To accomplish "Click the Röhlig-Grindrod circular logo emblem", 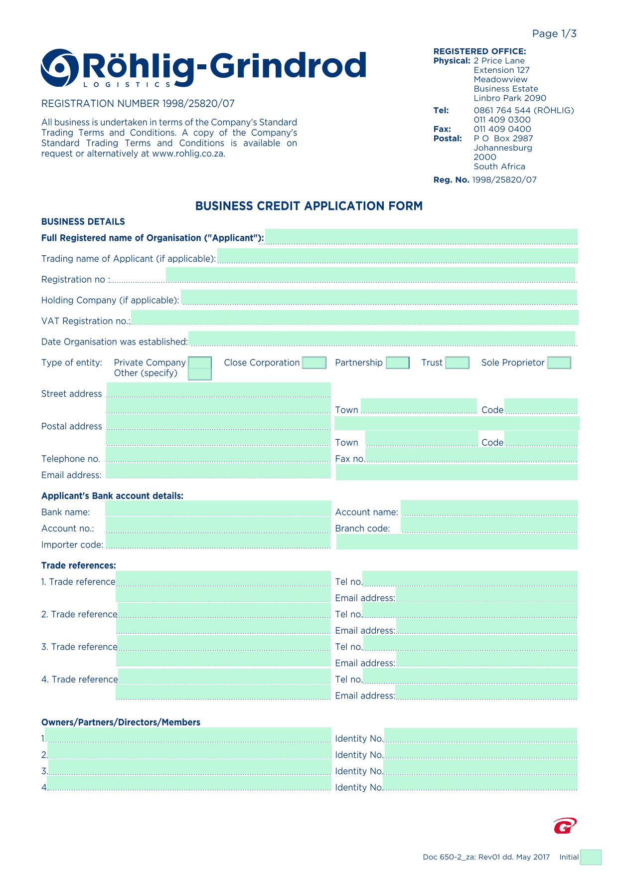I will pos(60,68).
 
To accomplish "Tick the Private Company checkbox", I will pos(200,362).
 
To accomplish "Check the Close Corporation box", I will pos(314,362).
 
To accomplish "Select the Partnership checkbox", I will pos(398,362).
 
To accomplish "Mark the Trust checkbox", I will pos(457,362).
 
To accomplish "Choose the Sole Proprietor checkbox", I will pos(559,362).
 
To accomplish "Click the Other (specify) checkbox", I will pos(200,374).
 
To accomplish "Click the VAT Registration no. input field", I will pos(354,318).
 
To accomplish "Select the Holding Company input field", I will pos(379,297).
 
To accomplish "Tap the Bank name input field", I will pos(218,509).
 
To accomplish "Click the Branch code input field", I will pos(489,525).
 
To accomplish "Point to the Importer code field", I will pos(218,541).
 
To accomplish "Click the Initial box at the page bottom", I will pos(591,857).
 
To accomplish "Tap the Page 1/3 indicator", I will pos(554,34).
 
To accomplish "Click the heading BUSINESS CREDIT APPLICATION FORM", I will pos(309,206).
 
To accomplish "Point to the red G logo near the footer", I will pos(565,826).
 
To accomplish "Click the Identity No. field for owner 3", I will pos(480,768).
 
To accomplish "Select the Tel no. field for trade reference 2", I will pos(470,611).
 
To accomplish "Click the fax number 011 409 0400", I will pos(502,129).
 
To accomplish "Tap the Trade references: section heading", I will pos(79,565).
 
